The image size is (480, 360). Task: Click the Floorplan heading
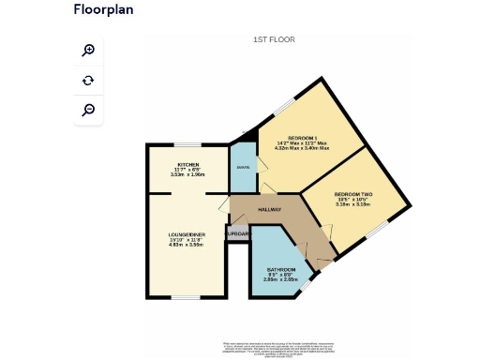coord(103,10)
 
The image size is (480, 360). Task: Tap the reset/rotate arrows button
coord(88,81)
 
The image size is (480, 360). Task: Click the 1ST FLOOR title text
coord(274,39)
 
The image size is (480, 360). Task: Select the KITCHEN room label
coord(188,164)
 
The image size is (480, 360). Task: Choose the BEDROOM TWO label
coord(353,194)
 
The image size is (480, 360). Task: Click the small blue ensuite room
coord(243,167)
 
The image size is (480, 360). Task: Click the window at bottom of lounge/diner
coord(185,298)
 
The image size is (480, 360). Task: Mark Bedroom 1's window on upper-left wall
coord(281,106)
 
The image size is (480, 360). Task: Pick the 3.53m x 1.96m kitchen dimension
coord(188,174)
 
